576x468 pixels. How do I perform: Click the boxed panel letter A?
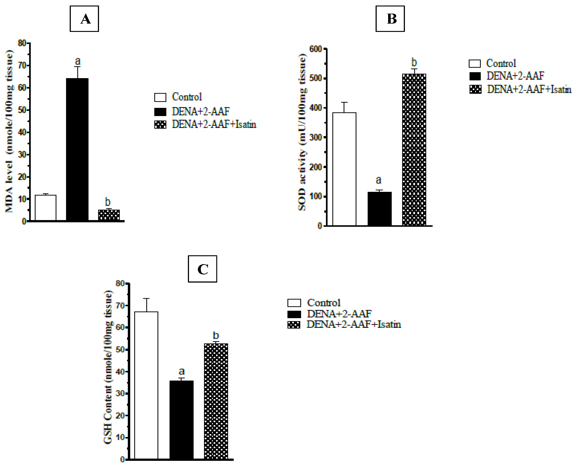[x=84, y=19]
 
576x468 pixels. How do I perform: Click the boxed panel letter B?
[x=390, y=19]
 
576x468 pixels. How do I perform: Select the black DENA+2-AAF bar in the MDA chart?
[x=77, y=150]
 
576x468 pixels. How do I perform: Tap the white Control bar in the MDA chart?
[x=46, y=208]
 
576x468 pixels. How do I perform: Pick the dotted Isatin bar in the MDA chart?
[x=109, y=215]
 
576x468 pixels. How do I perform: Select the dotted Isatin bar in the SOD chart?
[x=414, y=150]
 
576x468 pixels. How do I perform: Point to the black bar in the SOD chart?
[x=379, y=209]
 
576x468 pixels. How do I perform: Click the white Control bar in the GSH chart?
[x=146, y=385]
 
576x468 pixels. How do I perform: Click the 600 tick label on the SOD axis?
[x=315, y=49]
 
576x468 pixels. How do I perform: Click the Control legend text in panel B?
[x=501, y=63]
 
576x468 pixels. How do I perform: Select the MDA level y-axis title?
[x=9, y=131]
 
